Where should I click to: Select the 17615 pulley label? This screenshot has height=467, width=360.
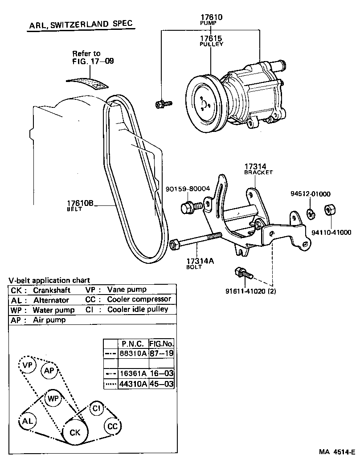(x=211, y=38)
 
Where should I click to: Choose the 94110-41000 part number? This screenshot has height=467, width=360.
(x=331, y=232)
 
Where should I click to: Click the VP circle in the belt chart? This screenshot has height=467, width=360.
(x=27, y=365)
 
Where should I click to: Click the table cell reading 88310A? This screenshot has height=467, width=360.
(x=132, y=353)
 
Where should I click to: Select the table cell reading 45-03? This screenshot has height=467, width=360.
(x=161, y=384)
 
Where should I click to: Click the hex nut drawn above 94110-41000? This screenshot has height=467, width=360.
(x=330, y=209)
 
